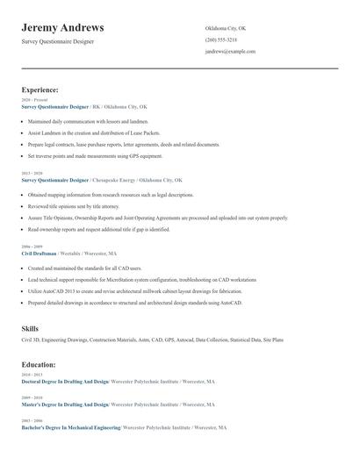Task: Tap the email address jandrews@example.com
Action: tap(230, 52)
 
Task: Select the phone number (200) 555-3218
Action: tap(221, 39)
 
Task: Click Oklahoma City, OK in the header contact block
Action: tap(226, 28)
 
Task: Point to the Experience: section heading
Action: tap(40, 89)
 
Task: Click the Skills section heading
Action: tap(30, 328)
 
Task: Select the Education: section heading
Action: tap(39, 364)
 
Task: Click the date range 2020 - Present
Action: tap(34, 100)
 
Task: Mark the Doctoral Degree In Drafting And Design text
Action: tap(65, 383)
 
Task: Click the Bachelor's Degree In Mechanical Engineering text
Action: tap(71, 427)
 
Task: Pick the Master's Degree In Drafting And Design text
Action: tap(64, 404)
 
